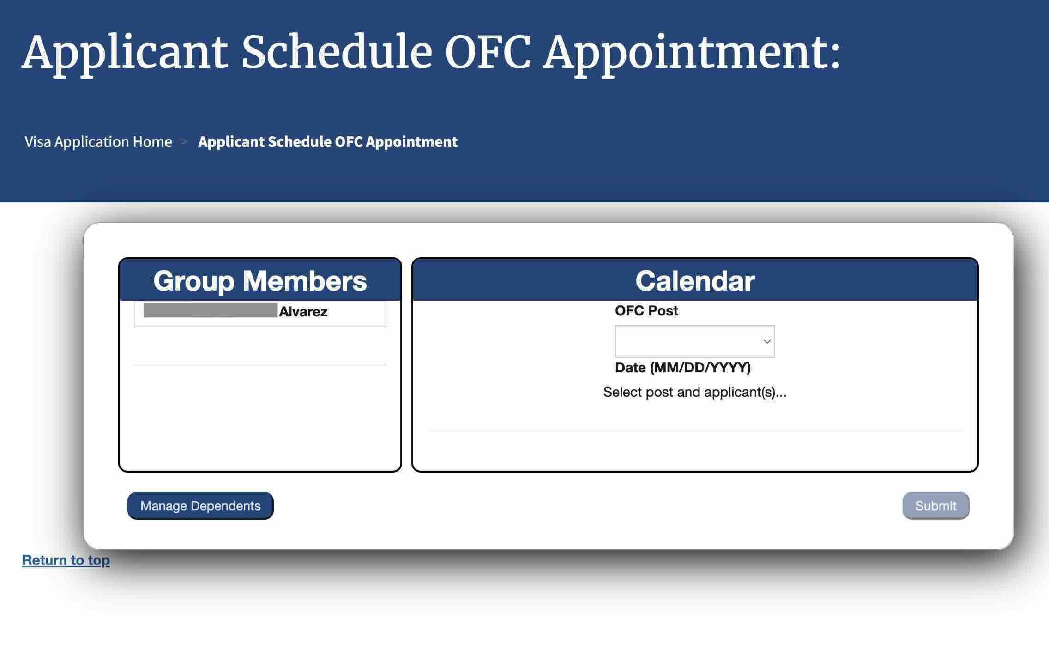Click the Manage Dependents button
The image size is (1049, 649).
tap(200, 506)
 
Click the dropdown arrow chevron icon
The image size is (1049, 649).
tap(767, 341)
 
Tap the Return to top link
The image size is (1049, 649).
tap(66, 560)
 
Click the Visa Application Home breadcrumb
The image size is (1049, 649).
tap(98, 142)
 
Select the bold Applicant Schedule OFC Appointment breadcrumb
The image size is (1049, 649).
tap(328, 142)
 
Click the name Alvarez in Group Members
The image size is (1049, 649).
tap(303, 312)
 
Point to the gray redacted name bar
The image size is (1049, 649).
tap(211, 310)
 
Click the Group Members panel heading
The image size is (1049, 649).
tap(260, 281)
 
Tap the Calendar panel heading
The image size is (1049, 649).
tap(695, 281)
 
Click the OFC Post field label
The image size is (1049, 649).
tap(646, 311)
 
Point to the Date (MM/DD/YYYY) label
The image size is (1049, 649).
tap(682, 368)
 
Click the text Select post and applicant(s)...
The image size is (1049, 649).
tap(694, 392)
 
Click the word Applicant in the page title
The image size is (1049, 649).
tap(125, 53)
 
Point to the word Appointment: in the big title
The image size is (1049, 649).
tap(691, 53)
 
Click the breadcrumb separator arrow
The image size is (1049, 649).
tap(184, 142)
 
